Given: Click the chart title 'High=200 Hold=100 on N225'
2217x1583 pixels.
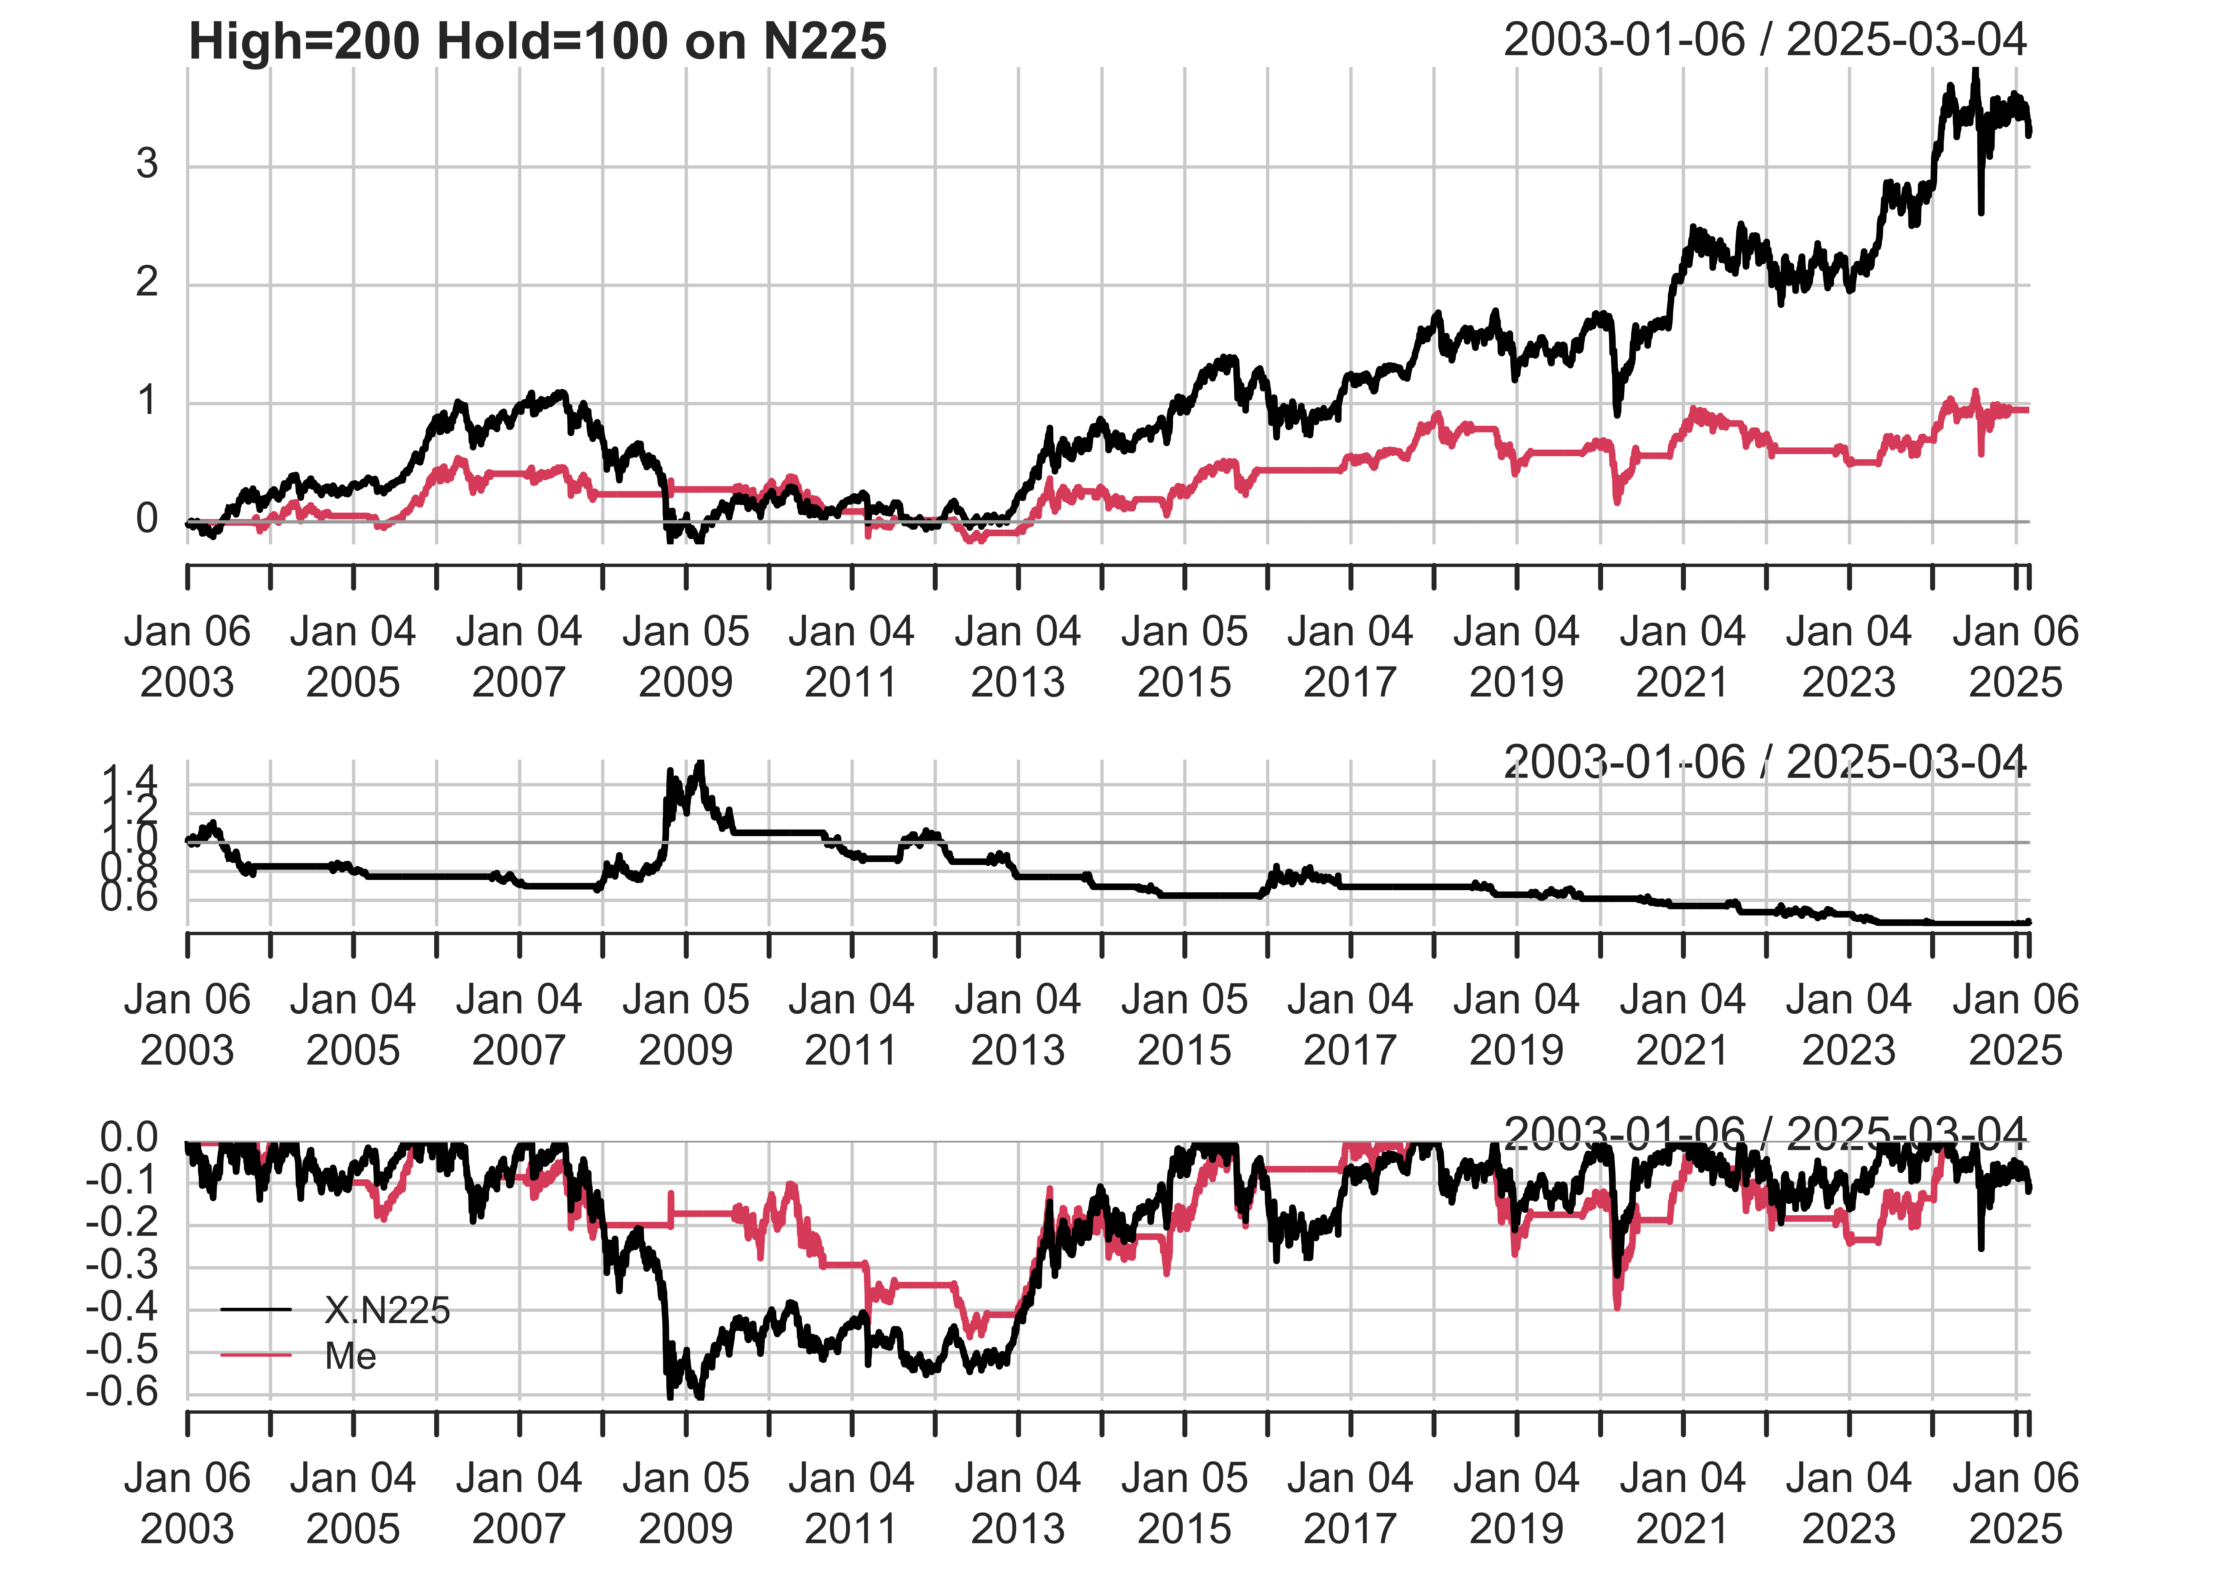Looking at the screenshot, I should [x=537, y=42].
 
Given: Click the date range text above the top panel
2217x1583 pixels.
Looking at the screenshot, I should [x=1765, y=40].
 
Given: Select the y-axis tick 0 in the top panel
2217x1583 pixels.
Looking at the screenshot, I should [x=147, y=519].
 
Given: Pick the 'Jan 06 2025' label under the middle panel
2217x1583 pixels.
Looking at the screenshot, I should [x=2015, y=1024].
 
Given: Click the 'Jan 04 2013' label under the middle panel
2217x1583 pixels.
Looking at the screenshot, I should [x=1018, y=1024].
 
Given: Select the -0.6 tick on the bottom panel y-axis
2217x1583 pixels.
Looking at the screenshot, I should [x=122, y=1392].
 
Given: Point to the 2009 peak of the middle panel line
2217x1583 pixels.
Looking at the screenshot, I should [x=698, y=765].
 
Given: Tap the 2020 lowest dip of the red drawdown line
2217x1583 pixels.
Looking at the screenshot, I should [x=1617, y=1306].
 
